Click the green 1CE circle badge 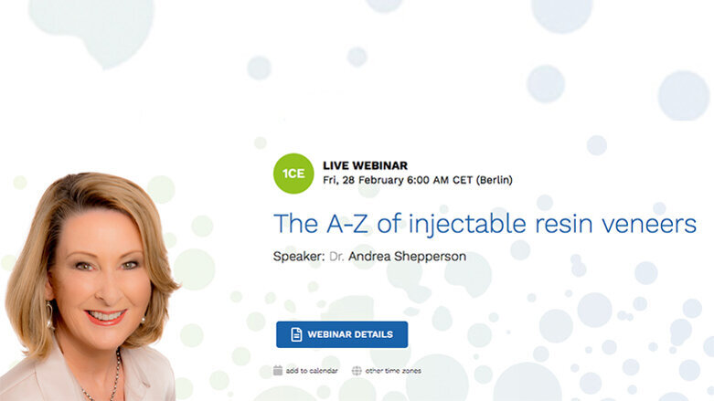[x=293, y=173]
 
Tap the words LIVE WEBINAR [x=365, y=165]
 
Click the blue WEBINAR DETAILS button [x=342, y=334]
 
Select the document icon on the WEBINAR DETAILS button [x=296, y=334]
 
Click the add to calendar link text [x=312, y=371]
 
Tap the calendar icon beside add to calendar [x=278, y=371]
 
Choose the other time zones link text [x=393, y=371]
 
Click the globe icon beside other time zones [x=357, y=371]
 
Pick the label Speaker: [x=298, y=257]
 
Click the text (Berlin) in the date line [x=491, y=180]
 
